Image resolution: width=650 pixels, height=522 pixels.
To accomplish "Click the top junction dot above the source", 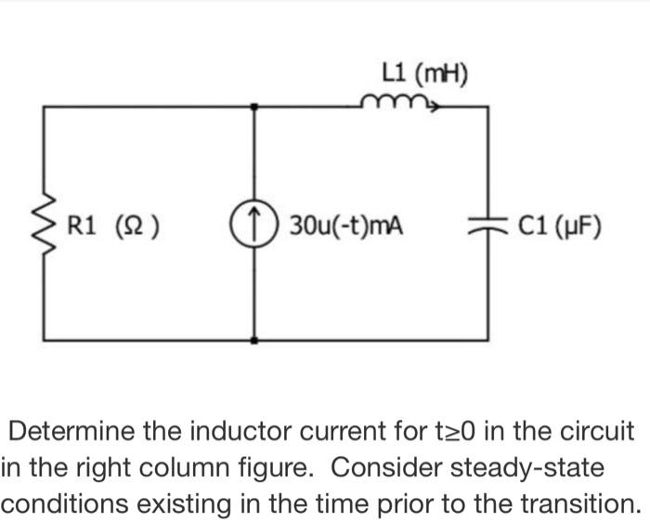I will [255, 107].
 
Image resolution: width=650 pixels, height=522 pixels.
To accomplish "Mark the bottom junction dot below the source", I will [255, 341].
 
